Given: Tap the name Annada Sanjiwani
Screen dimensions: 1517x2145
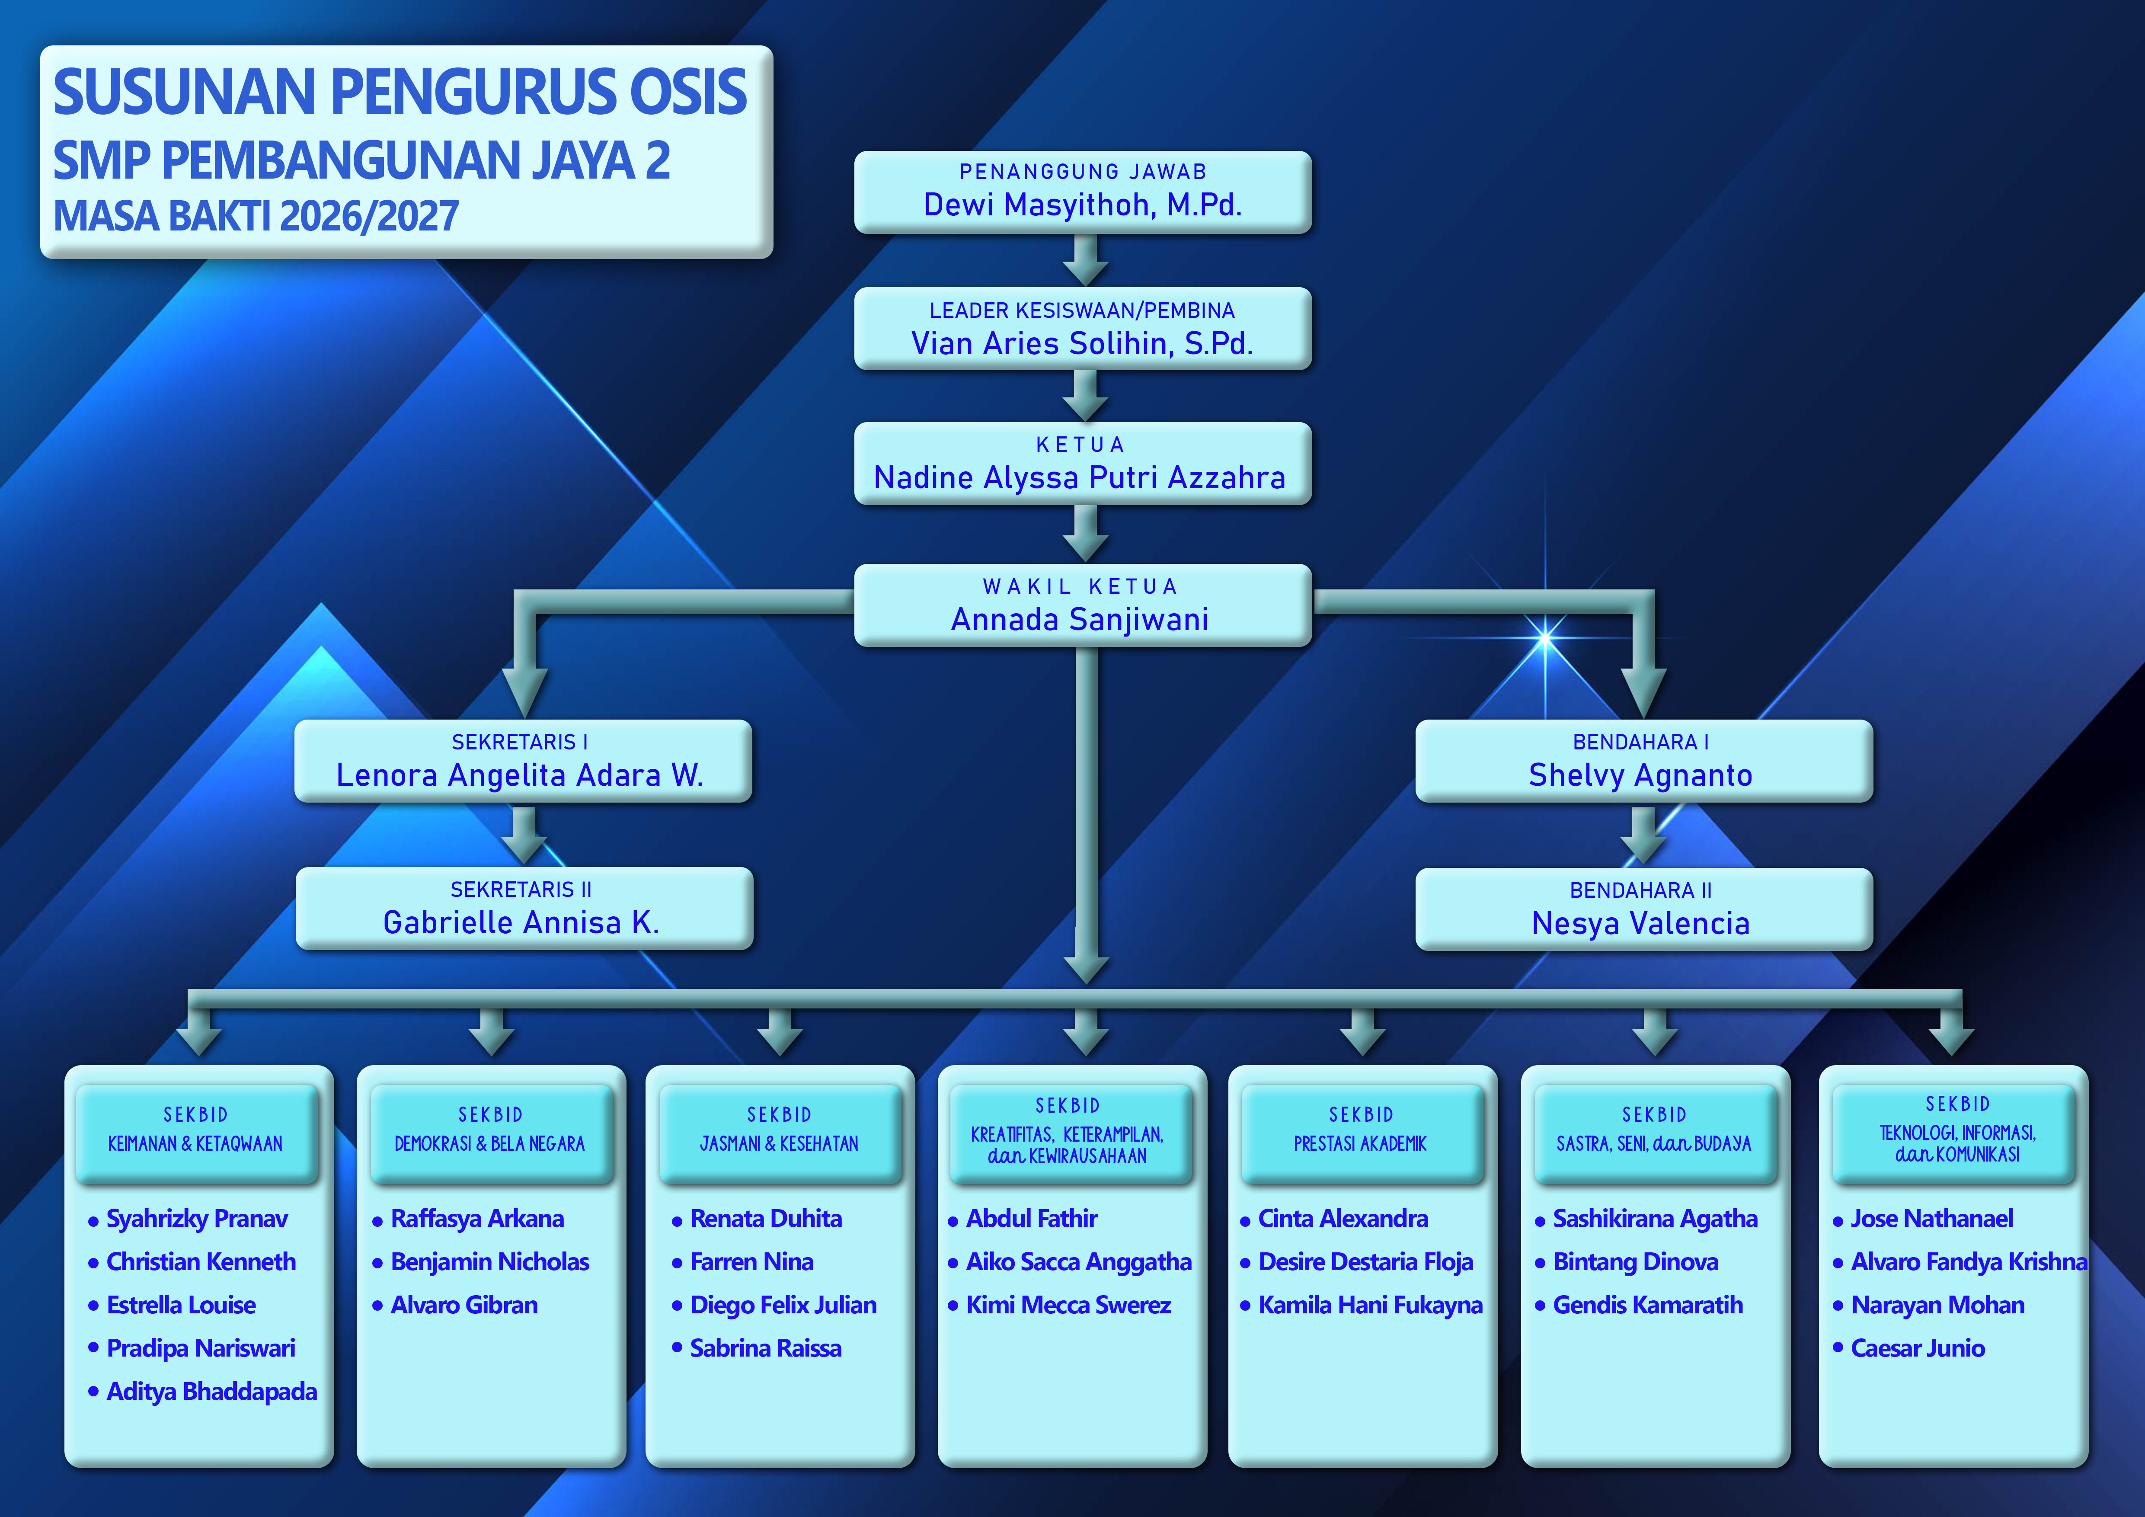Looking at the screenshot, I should [1080, 619].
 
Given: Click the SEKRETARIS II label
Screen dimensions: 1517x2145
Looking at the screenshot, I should [521, 889].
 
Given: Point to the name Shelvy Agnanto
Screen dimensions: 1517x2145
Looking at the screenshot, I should [1640, 775].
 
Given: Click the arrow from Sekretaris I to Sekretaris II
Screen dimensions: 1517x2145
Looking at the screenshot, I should [524, 834].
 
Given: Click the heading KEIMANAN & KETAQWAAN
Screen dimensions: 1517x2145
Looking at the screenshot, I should [195, 1143].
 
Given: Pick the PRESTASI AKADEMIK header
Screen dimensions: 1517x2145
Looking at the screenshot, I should [1360, 1143].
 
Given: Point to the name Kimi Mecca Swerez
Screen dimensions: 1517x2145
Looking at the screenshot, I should [1068, 1305].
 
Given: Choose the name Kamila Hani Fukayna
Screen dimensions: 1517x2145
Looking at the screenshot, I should [1370, 1305].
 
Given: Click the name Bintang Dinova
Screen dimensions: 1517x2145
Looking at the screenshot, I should [1635, 1262].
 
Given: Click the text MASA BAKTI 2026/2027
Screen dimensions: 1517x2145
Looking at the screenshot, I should [256, 217].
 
